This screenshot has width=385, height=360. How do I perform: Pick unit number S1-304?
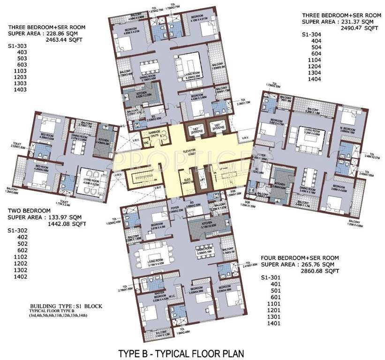pyautogui.click(x=311, y=34)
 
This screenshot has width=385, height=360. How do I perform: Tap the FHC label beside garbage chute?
pyautogui.click(x=146, y=142)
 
